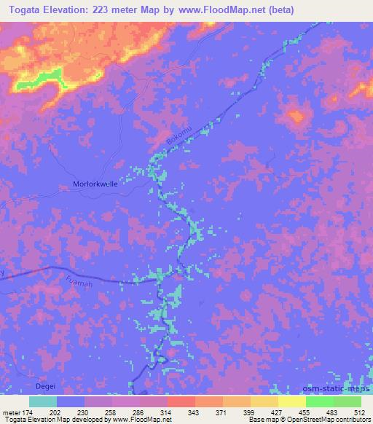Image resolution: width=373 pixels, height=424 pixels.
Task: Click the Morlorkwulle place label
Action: click(95, 184)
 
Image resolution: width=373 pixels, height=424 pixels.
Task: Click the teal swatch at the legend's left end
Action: click(43, 401)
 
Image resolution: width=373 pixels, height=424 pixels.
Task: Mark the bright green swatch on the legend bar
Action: click(320, 401)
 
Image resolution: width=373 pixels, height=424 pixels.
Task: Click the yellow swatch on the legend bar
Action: click(292, 401)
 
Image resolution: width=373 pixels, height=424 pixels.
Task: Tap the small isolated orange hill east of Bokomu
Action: click(295, 114)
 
